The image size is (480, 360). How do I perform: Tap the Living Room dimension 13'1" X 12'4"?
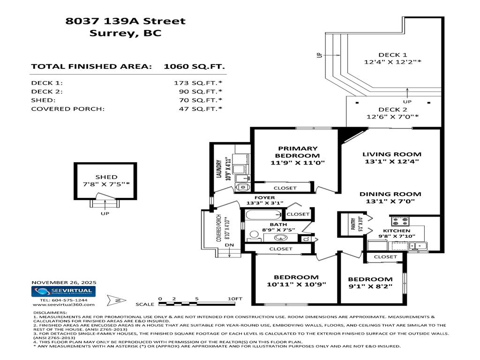[391, 161]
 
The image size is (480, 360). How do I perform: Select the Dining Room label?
[390, 194]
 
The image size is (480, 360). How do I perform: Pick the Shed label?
[106, 177]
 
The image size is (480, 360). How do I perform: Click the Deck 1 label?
[392, 54]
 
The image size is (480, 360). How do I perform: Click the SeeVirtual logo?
[64, 292]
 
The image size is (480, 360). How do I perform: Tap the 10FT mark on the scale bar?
[235, 298]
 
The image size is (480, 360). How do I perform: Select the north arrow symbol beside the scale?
[113, 300]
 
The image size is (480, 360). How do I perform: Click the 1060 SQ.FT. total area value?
[194, 67]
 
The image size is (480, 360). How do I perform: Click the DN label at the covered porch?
[229, 245]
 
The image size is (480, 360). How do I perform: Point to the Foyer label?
[265, 198]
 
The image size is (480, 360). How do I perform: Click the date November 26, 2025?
[64, 282]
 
